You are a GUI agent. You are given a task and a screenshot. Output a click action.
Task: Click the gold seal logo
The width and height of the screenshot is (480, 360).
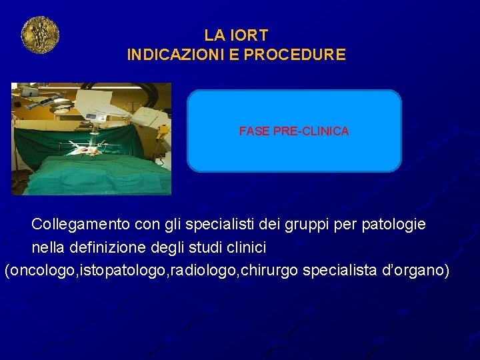click(x=40, y=35)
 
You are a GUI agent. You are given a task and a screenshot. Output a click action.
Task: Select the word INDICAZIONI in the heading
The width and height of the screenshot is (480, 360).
click(x=171, y=55)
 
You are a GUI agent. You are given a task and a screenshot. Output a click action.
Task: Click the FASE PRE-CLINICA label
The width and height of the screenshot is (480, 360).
click(x=294, y=131)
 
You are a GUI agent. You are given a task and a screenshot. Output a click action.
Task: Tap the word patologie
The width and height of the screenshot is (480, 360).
click(x=393, y=224)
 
